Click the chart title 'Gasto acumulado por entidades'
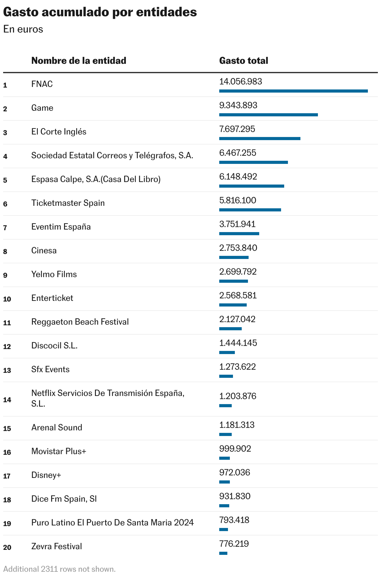100,13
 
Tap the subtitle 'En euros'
23,29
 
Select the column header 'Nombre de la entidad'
79,61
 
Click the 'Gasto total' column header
244,61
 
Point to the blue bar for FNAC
293,91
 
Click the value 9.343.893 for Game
238,105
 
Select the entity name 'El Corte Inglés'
59,132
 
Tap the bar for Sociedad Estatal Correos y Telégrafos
253,162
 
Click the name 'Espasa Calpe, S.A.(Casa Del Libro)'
96,179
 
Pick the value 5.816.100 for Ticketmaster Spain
238,200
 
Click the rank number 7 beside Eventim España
5,228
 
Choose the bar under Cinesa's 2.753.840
234,257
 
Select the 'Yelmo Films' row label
54,274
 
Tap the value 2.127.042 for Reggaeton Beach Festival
237,319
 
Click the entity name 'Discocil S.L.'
54,346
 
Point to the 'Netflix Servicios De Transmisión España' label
108,393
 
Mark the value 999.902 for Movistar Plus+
235,449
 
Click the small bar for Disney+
224,482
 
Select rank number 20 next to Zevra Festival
7,547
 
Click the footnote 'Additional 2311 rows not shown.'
59,569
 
